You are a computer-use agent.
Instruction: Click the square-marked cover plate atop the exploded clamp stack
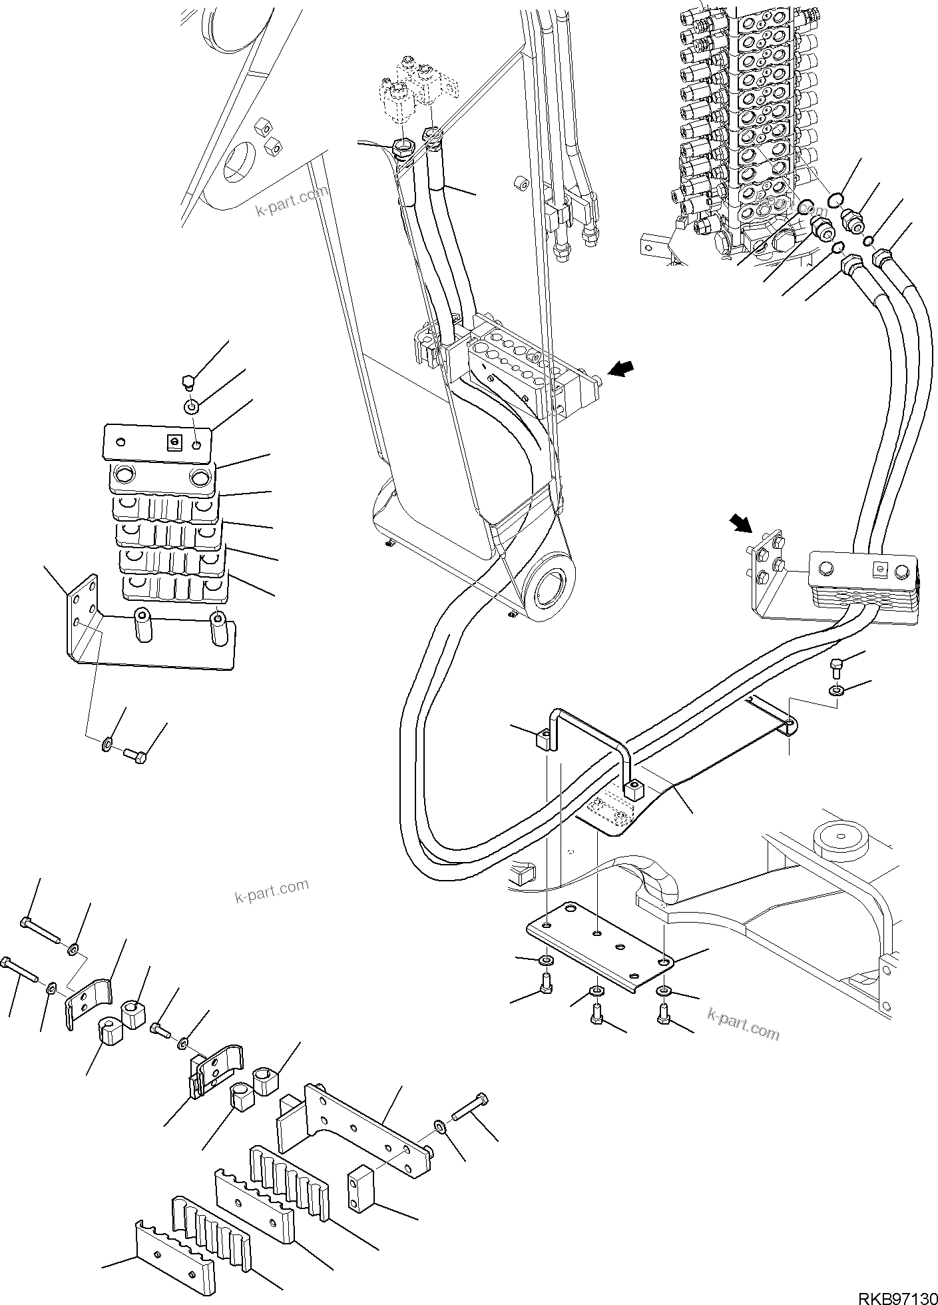[157, 442]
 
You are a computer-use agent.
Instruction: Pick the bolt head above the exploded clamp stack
[188, 382]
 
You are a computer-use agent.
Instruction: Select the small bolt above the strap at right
[837, 667]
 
